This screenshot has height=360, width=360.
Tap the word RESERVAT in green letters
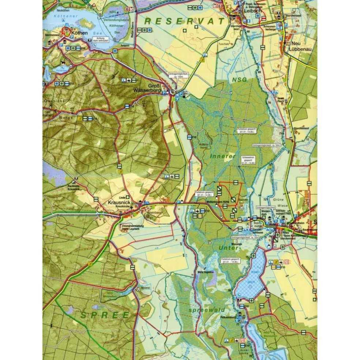point(184,21)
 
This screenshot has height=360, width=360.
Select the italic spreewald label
point(207,310)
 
